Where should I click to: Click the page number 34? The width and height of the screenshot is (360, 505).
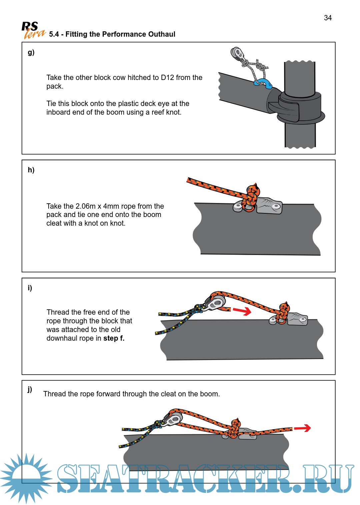click(x=328, y=18)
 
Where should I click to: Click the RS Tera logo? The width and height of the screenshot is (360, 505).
click(x=33, y=30)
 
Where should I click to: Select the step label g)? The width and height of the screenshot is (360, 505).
click(x=31, y=52)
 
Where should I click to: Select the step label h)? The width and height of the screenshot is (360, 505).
click(x=31, y=170)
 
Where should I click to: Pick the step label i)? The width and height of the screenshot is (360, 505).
click(x=30, y=288)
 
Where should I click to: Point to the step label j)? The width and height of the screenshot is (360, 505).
click(x=30, y=389)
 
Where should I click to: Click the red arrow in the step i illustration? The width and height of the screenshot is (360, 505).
click(x=242, y=311)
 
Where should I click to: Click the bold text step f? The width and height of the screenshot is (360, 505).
click(x=114, y=338)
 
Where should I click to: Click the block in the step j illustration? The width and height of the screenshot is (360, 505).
click(x=173, y=419)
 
